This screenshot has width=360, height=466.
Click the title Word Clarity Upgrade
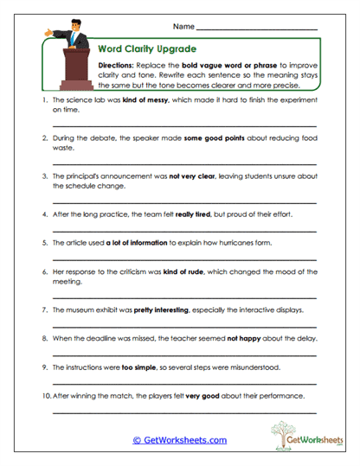click(x=148, y=49)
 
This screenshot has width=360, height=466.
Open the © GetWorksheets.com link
click(x=180, y=440)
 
